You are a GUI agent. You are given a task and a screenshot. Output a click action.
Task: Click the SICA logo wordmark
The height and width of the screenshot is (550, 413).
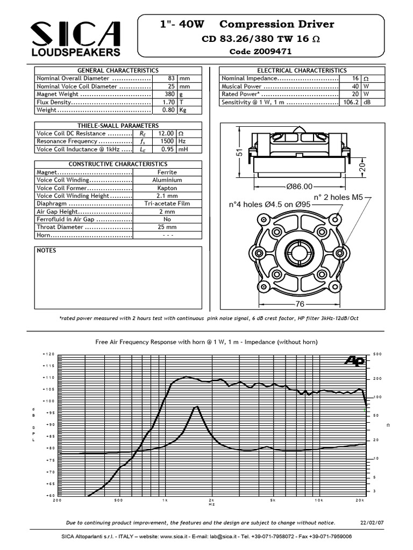pos(75,33)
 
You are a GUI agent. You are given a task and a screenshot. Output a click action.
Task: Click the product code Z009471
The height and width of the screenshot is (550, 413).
pos(260,52)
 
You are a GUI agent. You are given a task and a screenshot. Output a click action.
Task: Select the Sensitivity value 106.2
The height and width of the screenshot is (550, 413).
pos(351,102)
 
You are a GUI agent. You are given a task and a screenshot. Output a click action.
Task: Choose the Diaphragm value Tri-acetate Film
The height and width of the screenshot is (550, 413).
pos(167,204)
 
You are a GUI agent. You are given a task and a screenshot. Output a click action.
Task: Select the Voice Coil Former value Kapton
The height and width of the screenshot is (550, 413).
pos(167,188)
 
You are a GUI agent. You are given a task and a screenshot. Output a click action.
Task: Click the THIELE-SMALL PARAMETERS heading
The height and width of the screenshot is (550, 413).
pos(118,125)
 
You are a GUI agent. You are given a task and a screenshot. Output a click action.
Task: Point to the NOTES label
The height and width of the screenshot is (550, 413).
pos(46,250)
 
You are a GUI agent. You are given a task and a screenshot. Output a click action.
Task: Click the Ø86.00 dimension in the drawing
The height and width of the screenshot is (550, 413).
pos(299,186)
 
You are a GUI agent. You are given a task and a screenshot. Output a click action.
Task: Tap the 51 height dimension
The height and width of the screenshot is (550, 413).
pos(240,153)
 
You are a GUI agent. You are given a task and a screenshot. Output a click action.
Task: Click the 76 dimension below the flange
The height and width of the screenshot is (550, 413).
pos(299,304)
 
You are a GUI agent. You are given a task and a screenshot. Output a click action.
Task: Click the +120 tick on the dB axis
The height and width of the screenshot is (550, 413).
pos(48,354)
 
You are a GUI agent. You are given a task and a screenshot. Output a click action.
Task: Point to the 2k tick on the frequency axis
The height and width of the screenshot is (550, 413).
pos(211,500)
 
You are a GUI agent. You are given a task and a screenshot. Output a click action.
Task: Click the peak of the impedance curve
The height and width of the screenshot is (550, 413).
pos(197,407)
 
